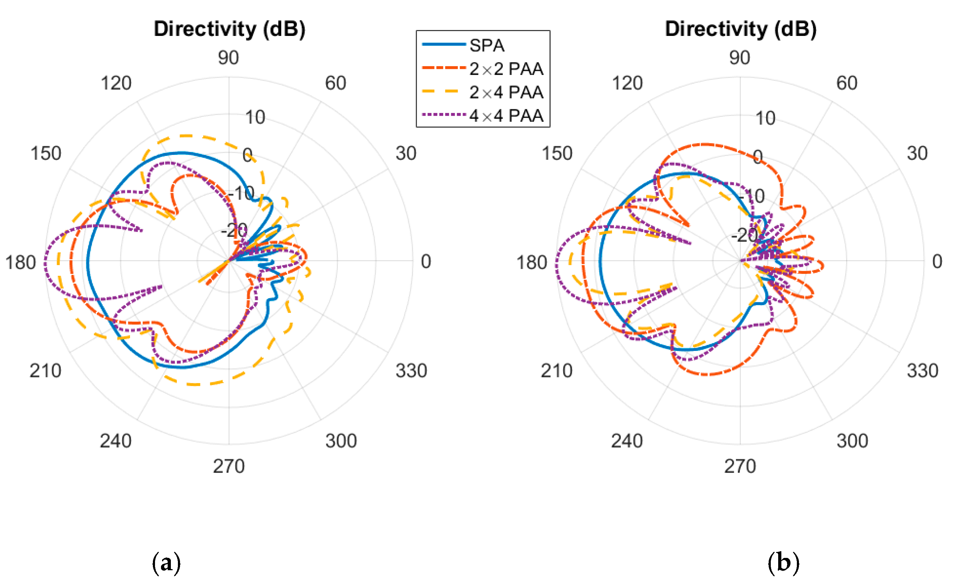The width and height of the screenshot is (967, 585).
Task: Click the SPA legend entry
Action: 486,45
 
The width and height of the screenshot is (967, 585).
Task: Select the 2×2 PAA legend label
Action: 506,69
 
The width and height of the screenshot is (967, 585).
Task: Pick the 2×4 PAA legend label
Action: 506,93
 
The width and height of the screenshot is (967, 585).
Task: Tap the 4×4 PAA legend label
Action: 506,116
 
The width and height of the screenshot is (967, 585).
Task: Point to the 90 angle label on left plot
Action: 228,58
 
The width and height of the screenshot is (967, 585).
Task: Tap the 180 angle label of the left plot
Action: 20,262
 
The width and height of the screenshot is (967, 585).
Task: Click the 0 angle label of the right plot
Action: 937,262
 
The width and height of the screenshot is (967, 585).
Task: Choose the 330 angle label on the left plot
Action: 411,371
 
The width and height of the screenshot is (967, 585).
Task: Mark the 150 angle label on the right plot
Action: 557,153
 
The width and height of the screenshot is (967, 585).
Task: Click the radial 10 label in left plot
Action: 255,117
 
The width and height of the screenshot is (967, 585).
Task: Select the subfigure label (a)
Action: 166,563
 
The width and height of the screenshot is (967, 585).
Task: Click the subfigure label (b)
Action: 783,563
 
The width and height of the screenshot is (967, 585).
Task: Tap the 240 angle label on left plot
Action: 116,441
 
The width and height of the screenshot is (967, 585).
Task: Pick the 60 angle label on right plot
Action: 847,83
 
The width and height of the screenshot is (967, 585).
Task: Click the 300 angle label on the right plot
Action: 852,441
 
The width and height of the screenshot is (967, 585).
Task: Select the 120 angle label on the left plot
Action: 116,83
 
